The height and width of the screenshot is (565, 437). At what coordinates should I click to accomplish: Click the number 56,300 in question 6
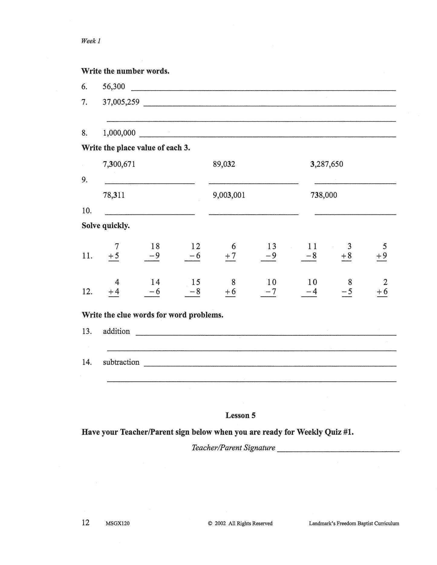pos(114,87)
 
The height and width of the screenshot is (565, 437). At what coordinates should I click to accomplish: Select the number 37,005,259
pos(121,102)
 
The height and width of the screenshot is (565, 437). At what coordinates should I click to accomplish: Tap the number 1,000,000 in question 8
pos(119,133)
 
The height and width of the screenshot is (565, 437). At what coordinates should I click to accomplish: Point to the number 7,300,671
pos(119,164)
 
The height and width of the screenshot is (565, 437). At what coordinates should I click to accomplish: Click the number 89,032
pos(224,164)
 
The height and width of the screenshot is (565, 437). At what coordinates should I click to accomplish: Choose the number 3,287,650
pos(327,164)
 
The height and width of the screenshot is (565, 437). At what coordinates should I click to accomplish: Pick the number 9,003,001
pos(229,195)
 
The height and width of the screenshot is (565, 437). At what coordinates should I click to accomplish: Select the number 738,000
pos(324,195)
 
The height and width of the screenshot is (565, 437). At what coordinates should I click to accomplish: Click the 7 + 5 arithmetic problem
pos(114,251)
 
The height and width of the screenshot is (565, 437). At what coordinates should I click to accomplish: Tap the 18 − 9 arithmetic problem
pos(152,251)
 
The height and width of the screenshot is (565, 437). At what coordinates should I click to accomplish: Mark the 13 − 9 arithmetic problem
pos(269,251)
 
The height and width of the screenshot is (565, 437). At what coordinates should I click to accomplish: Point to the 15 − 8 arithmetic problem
pos(193,287)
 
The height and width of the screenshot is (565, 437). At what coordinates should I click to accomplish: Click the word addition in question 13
pos(116,331)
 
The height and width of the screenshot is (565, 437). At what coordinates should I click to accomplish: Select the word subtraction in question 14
pos(121,362)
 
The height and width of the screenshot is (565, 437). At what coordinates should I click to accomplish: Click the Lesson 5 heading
pos(240,415)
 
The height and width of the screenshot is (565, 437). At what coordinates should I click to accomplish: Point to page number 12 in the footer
pos(86,523)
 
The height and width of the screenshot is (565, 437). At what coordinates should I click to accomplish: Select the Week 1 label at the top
pos(91,41)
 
